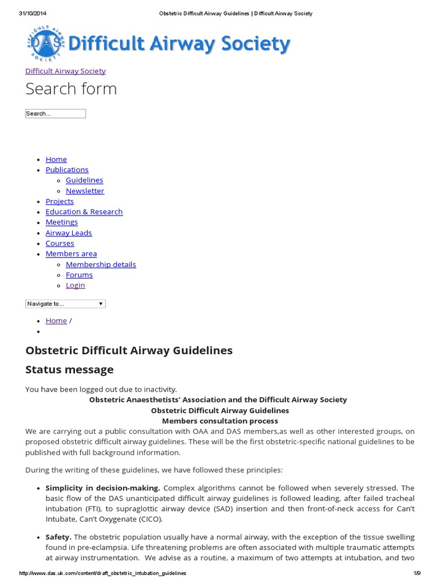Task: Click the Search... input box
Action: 56,114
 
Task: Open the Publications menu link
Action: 67,170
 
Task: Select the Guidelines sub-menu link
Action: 84,180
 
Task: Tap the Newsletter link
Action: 85,191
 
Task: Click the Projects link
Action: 60,201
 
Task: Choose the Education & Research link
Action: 84,212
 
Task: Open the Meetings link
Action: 61,222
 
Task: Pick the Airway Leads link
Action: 69,233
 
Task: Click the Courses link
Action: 60,243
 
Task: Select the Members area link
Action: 71,253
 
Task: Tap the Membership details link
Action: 101,264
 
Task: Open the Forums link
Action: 79,275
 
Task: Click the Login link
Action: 75,285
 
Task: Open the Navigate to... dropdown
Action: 65,304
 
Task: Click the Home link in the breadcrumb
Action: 56,320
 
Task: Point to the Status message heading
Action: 69,370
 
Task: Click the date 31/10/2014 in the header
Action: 32,13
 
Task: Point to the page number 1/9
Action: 417,573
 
